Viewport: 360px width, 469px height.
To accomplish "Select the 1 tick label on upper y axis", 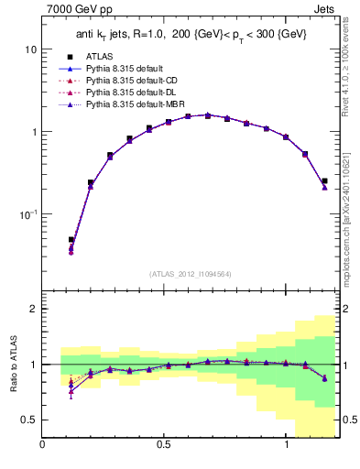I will point(33,131).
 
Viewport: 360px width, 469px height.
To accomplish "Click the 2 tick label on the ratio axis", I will point(33,310).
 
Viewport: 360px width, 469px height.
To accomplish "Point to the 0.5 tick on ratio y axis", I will point(28,420).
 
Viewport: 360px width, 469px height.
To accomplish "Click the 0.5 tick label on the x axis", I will point(164,446).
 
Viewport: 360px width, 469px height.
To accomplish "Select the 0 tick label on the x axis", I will point(43,446).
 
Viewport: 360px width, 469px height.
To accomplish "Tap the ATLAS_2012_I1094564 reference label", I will point(190,273).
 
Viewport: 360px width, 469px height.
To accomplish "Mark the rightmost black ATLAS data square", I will point(324,180).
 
